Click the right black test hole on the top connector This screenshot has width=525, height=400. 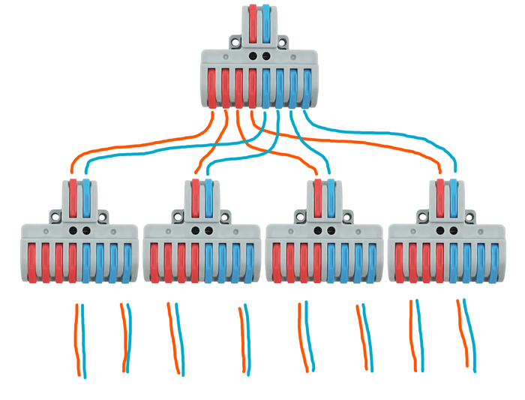point(265,56)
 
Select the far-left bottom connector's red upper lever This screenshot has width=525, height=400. point(73,198)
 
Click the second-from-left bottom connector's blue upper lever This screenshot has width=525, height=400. point(208,198)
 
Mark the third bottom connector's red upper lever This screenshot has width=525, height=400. point(317,198)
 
